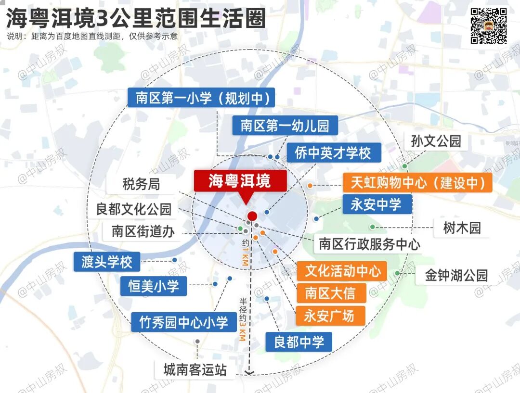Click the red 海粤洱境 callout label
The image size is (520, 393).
click(x=240, y=181)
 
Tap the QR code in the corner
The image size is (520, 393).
click(x=488, y=26)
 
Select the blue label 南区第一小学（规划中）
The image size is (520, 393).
click(x=202, y=98)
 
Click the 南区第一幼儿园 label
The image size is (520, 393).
click(x=285, y=126)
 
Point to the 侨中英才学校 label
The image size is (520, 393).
click(x=333, y=153)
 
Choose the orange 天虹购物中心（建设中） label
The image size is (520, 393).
click(x=417, y=183)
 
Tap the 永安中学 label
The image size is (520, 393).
click(x=377, y=204)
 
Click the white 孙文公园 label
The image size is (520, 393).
click(x=436, y=141)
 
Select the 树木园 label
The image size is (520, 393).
click(x=462, y=228)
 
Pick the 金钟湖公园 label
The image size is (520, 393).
click(x=456, y=275)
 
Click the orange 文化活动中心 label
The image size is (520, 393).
click(x=342, y=271)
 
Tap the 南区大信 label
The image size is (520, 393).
click(x=330, y=292)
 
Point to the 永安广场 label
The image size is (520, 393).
click(x=330, y=316)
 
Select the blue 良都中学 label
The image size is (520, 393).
click(x=299, y=342)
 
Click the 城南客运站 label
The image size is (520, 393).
click(x=195, y=370)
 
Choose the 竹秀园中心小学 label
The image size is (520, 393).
click(x=183, y=322)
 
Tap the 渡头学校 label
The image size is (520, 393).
click(x=107, y=262)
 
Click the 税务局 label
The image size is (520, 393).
click(x=141, y=184)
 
